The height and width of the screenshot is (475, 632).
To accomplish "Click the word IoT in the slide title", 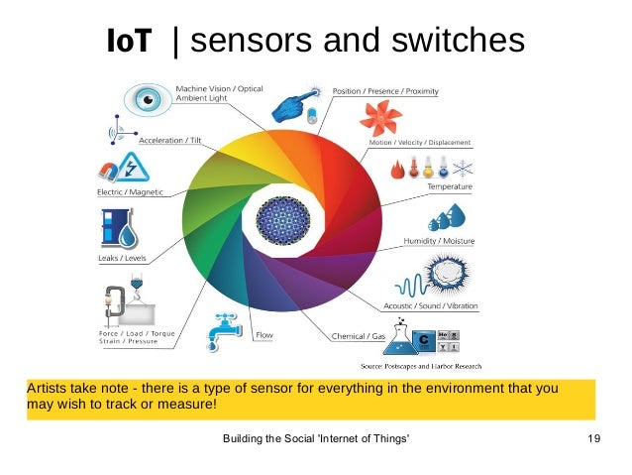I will pyautogui.click(x=129, y=41).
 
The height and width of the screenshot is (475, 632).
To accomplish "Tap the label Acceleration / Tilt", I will pyautogui.click(x=167, y=141).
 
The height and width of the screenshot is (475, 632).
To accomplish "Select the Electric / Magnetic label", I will pyautogui.click(x=129, y=191).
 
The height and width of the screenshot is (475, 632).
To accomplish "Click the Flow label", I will pyautogui.click(x=264, y=335).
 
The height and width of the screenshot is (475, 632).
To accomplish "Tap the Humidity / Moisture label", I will pyautogui.click(x=439, y=241).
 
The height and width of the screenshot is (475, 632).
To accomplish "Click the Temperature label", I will pyautogui.click(x=449, y=186).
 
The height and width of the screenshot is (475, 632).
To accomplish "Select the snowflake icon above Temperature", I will pyautogui.click(x=462, y=164).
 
